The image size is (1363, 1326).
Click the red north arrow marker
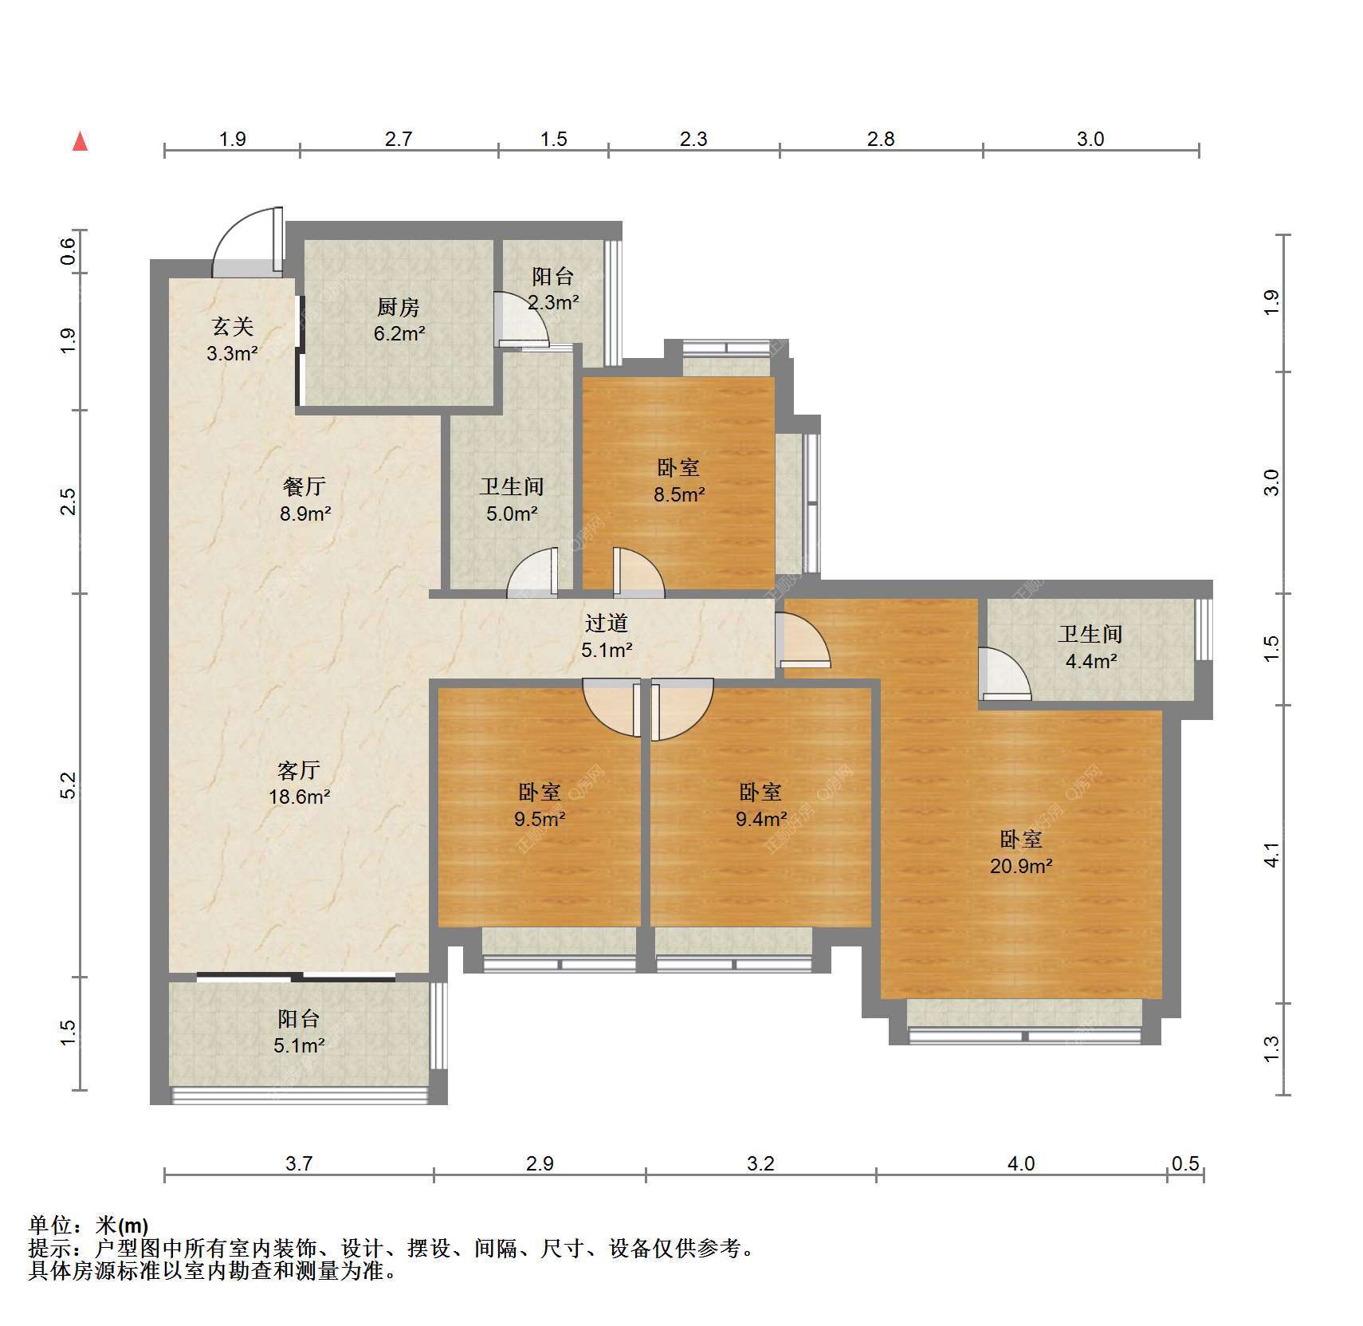80,141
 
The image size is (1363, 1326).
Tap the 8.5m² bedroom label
679,494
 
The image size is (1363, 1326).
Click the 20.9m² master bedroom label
1021,865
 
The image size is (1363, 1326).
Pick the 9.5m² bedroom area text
540,818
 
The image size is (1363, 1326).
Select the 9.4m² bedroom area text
761,818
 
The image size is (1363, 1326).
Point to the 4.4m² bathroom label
1091,660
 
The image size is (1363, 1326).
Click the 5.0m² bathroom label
512,513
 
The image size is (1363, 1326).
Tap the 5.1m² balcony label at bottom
299,1045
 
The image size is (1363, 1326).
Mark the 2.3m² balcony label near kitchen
553,302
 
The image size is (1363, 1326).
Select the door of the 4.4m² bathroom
1004,674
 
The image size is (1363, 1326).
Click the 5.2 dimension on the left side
69,785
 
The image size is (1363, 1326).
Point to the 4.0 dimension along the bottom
1021,1163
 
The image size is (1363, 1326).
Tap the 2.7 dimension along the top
399,139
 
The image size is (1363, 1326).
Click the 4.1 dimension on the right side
1271,854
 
